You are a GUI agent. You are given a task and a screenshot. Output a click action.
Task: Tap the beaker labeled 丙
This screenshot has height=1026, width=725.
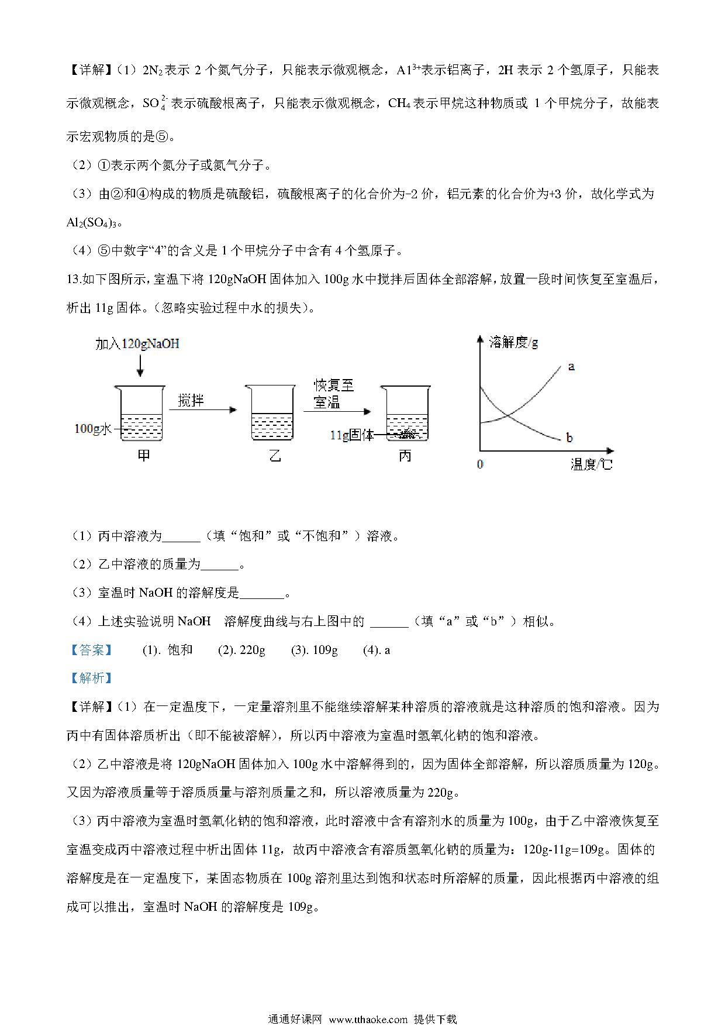[x=406, y=414]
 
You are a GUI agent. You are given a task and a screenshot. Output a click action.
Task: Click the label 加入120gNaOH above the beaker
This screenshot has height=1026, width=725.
[x=137, y=344]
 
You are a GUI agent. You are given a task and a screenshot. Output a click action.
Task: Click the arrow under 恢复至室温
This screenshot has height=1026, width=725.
[x=336, y=411]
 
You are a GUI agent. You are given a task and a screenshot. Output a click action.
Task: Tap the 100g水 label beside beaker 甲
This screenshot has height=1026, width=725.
[x=92, y=429]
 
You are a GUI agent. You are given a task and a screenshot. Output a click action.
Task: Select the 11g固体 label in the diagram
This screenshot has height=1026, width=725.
[x=351, y=435]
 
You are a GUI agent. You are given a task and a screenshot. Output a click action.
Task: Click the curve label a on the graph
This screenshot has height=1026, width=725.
[x=571, y=367]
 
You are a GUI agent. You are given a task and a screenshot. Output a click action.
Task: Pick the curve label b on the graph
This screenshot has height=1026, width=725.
[x=569, y=438]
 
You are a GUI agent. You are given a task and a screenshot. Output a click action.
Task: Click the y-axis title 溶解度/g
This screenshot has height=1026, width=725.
[x=513, y=342]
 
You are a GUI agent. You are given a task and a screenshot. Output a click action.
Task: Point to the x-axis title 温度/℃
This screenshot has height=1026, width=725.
[x=591, y=466]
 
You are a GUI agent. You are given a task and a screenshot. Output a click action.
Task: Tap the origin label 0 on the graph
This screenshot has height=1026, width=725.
[x=480, y=465]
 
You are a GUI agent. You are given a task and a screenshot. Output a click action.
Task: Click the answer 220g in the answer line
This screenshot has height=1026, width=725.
[x=253, y=650]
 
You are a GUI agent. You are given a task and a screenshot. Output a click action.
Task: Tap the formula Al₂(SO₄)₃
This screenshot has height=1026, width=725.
[x=94, y=222]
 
